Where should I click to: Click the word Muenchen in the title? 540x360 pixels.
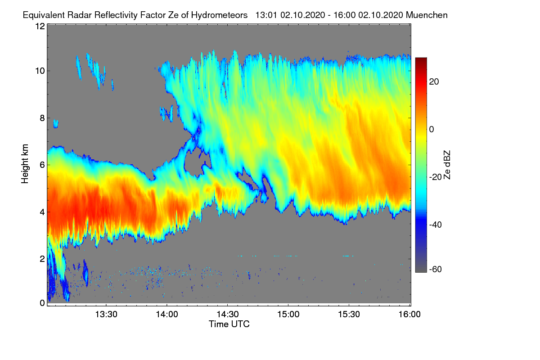(x=427, y=15)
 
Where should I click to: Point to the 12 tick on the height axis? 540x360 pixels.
(x=40, y=27)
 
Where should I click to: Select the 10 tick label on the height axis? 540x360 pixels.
(x=40, y=71)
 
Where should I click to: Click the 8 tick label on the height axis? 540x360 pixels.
(x=42, y=118)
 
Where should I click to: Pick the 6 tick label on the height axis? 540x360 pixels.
(x=42, y=165)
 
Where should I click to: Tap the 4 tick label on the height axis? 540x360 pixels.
(x=42, y=212)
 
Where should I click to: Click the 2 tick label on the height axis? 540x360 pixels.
(x=42, y=259)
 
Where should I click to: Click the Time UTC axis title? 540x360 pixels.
(x=229, y=324)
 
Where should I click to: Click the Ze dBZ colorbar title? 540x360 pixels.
(x=447, y=165)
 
